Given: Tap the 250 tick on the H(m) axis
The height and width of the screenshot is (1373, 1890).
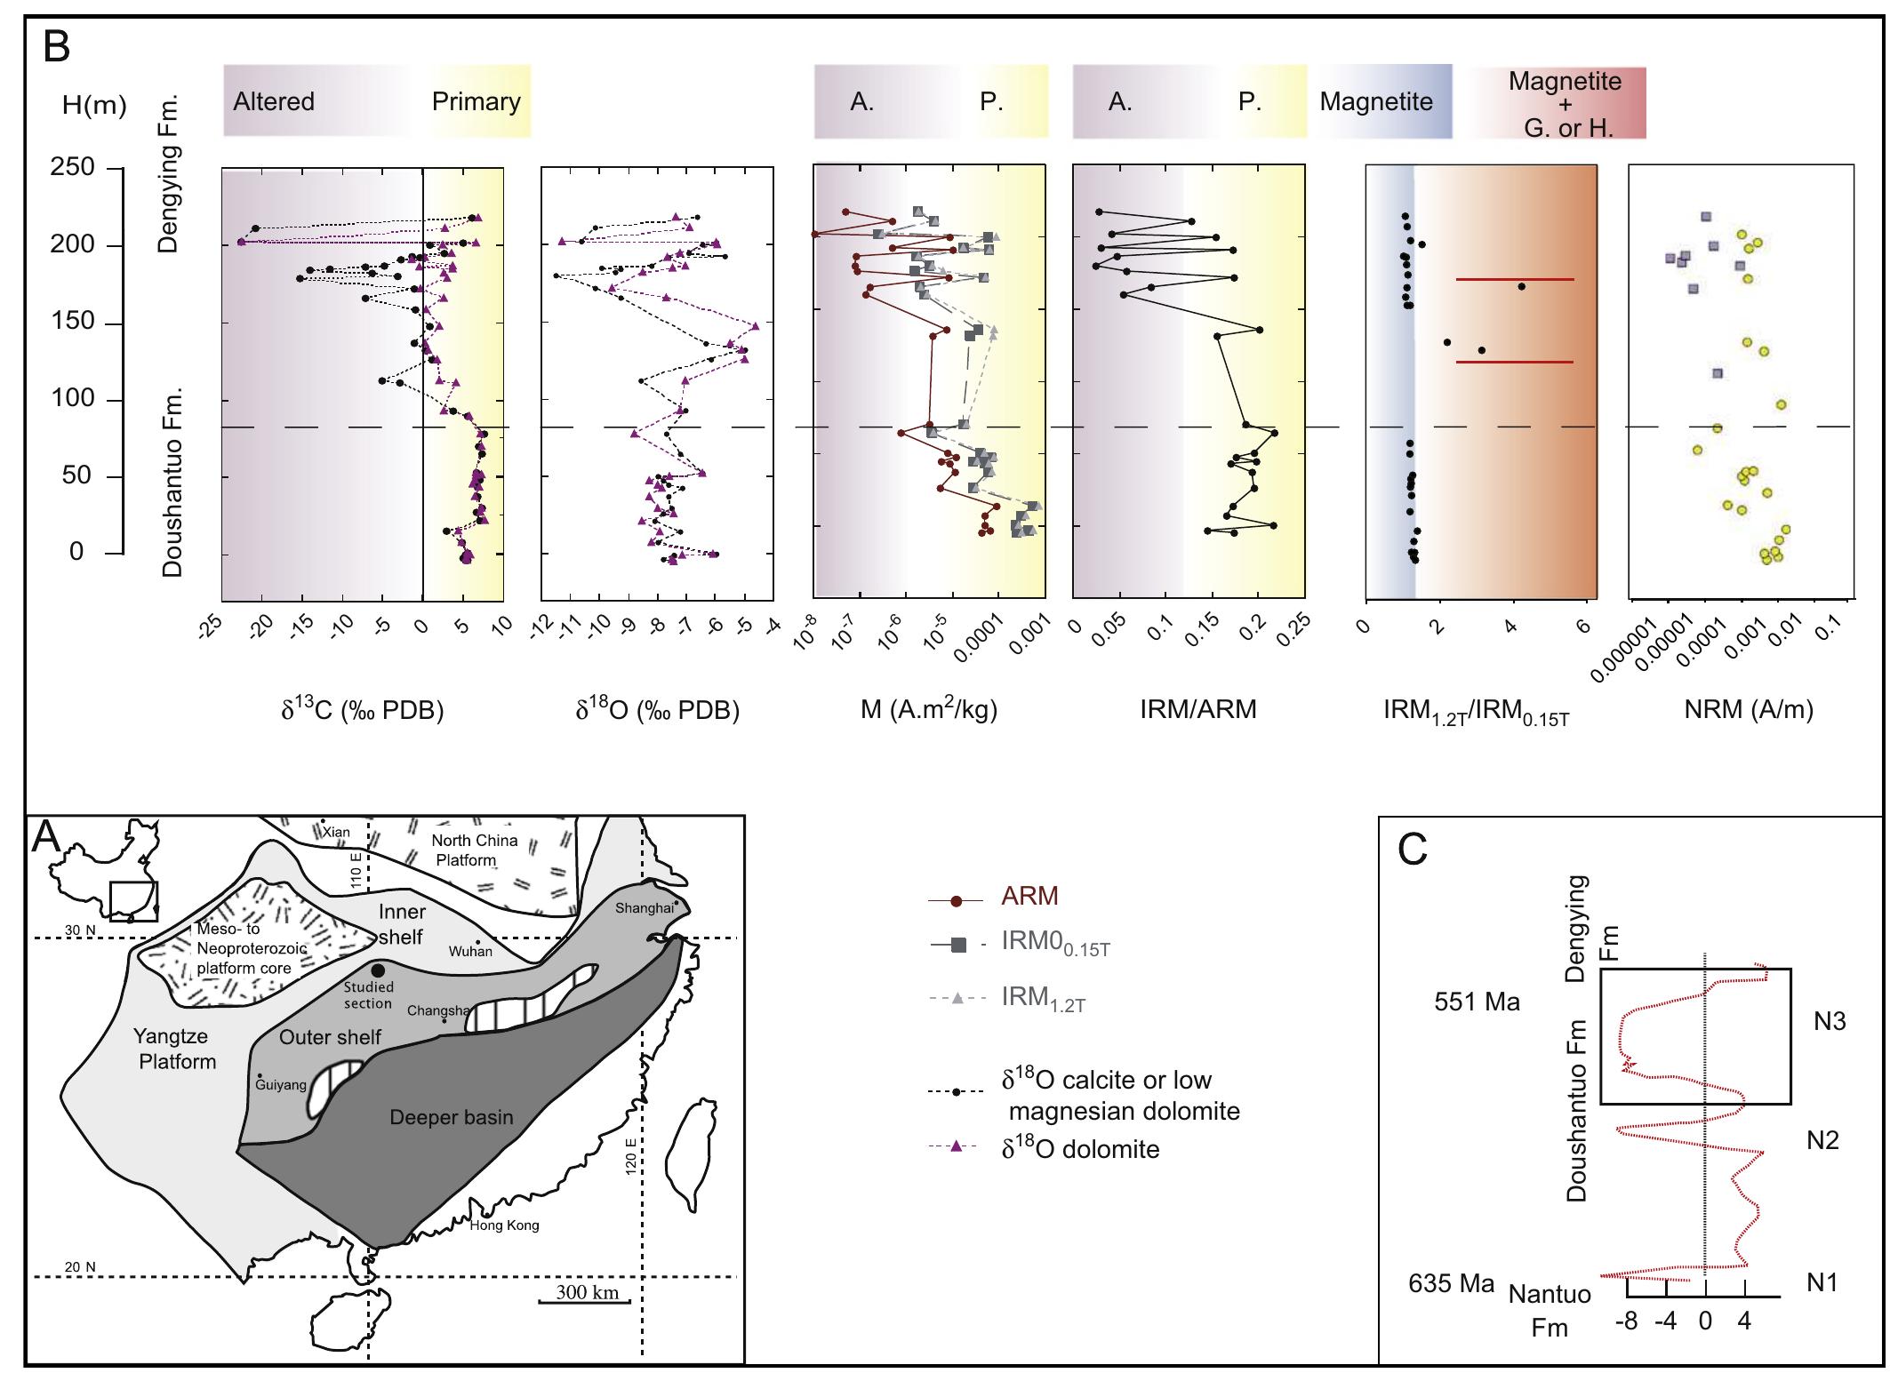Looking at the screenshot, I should pos(72,167).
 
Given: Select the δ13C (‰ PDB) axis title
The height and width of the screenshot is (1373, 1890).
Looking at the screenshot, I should pos(362,709).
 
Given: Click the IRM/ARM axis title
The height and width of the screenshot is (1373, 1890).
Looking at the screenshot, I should pos(1197,709).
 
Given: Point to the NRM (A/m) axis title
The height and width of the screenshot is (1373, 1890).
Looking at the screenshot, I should pos(1748,709).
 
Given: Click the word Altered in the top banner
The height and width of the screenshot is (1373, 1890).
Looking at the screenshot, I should pos(274,101).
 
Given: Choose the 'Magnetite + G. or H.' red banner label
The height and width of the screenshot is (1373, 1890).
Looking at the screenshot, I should pos(1565,104).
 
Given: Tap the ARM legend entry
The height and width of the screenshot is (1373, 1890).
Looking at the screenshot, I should pos(1029,896).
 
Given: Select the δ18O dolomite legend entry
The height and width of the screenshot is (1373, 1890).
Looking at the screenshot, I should pos(1080,1149).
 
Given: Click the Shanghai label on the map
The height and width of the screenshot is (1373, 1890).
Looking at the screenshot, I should pos(645,907).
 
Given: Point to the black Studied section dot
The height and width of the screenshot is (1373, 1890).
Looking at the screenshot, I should pos(378,970).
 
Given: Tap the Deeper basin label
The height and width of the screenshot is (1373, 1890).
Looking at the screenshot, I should pos(452,1117).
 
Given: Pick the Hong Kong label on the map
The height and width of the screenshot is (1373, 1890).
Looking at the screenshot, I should pos(504,1225).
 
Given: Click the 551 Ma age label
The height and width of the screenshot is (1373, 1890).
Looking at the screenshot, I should pos(1477,1002).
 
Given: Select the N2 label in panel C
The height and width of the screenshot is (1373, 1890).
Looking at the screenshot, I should pos(1822,1140).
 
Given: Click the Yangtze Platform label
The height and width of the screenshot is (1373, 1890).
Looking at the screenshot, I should pos(177,1049).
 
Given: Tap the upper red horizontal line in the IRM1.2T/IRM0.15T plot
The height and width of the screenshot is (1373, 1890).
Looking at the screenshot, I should pos(1515,279).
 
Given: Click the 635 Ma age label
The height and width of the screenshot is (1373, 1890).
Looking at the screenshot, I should pos(1451,1284).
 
